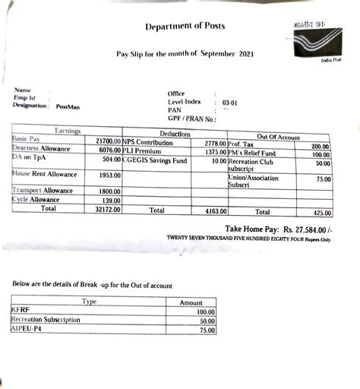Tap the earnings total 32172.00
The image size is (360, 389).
(106, 207)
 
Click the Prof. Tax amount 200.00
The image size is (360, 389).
(320, 146)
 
